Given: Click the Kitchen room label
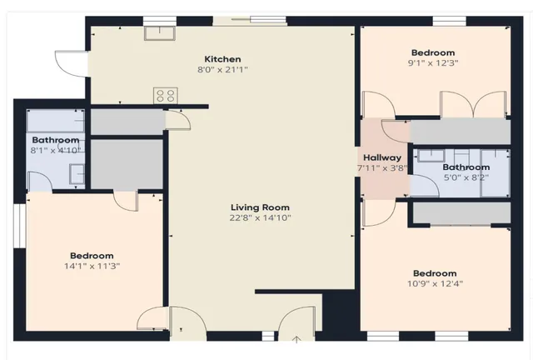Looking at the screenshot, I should (223, 59).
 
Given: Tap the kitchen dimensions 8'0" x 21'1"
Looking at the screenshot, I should (223, 70).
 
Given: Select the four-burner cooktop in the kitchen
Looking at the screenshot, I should (164, 96).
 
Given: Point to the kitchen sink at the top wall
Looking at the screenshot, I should (158, 32).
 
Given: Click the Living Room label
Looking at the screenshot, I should (260, 207).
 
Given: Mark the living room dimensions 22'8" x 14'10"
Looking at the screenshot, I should (260, 218).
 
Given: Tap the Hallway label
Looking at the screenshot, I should (382, 157).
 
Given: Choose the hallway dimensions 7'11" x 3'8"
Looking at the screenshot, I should (382, 168).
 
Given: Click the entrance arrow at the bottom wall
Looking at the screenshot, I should (297, 339).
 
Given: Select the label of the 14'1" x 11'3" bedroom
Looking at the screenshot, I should (92, 256).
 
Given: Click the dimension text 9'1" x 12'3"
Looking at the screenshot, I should (434, 62).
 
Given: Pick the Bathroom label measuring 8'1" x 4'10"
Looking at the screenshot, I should (55, 140).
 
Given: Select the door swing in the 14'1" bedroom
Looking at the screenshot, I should (125, 200).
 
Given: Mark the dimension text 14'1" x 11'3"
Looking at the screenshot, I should (92, 267).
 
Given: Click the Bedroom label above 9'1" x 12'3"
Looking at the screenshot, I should (434, 52).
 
